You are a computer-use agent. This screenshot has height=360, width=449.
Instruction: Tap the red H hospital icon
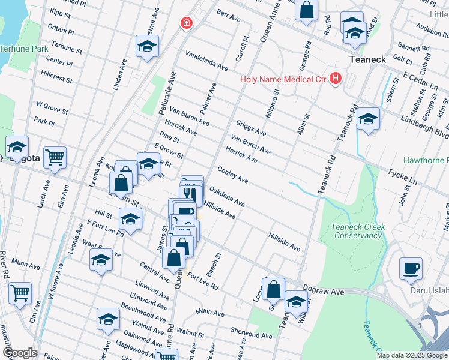335,79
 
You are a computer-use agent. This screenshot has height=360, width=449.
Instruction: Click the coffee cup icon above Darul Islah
411,268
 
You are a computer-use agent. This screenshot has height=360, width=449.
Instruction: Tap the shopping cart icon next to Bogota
55,157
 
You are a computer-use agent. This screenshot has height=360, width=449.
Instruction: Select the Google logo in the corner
19,353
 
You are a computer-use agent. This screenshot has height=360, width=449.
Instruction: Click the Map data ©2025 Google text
411,355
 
